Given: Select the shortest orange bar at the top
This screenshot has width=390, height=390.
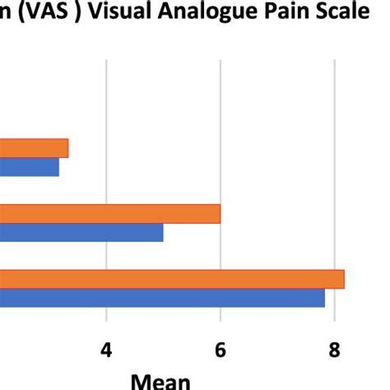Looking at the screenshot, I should point(33,148).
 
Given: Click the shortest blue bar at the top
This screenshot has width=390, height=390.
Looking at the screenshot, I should point(29,167).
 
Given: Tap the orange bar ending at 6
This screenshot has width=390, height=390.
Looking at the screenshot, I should point(107,213).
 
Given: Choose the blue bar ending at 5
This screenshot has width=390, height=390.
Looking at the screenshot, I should point(82,232).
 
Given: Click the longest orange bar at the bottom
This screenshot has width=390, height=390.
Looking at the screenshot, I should point(165,278).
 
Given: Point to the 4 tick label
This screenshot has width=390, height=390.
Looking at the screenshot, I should point(106,351).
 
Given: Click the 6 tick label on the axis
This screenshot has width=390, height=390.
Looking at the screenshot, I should point(221,351).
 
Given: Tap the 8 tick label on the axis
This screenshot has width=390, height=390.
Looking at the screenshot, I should point(334,351).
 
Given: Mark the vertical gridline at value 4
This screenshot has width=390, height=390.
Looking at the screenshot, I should point(106,99).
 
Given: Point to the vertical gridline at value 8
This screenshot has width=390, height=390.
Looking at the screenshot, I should point(334,99).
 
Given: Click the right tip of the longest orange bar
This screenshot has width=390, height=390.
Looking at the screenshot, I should point(342,278).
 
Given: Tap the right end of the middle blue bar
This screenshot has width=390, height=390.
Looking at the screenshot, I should point(161,232).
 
